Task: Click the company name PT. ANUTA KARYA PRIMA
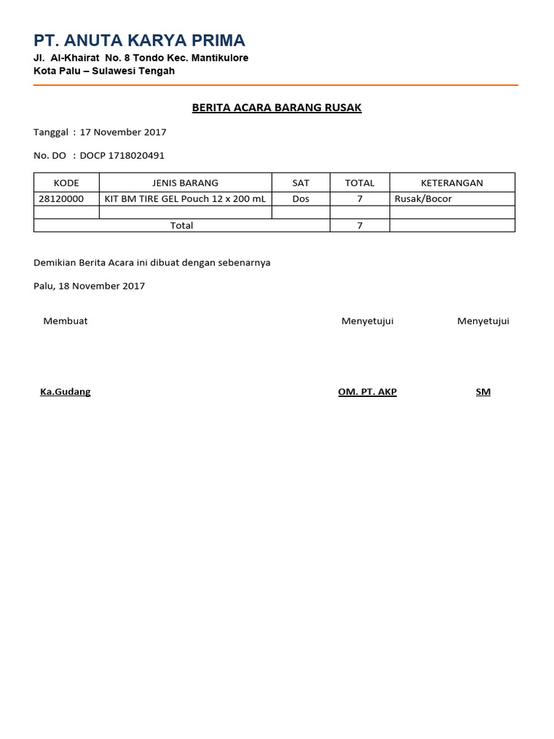click(139, 40)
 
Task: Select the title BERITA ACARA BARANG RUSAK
click(276, 108)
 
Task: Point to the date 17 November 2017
click(123, 132)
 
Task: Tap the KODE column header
click(66, 183)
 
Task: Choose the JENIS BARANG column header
click(185, 183)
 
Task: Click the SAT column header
click(301, 183)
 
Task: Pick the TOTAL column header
click(359, 183)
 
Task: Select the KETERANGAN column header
click(452, 183)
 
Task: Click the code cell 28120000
click(61, 198)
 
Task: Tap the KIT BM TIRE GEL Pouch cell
click(185, 198)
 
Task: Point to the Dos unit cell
click(301, 198)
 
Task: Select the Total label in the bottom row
click(182, 225)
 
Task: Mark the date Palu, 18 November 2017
click(89, 286)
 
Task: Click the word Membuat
click(66, 321)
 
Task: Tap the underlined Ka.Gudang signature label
click(66, 392)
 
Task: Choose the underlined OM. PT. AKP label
click(367, 392)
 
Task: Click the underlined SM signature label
click(483, 392)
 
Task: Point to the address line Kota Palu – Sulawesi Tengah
click(104, 71)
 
